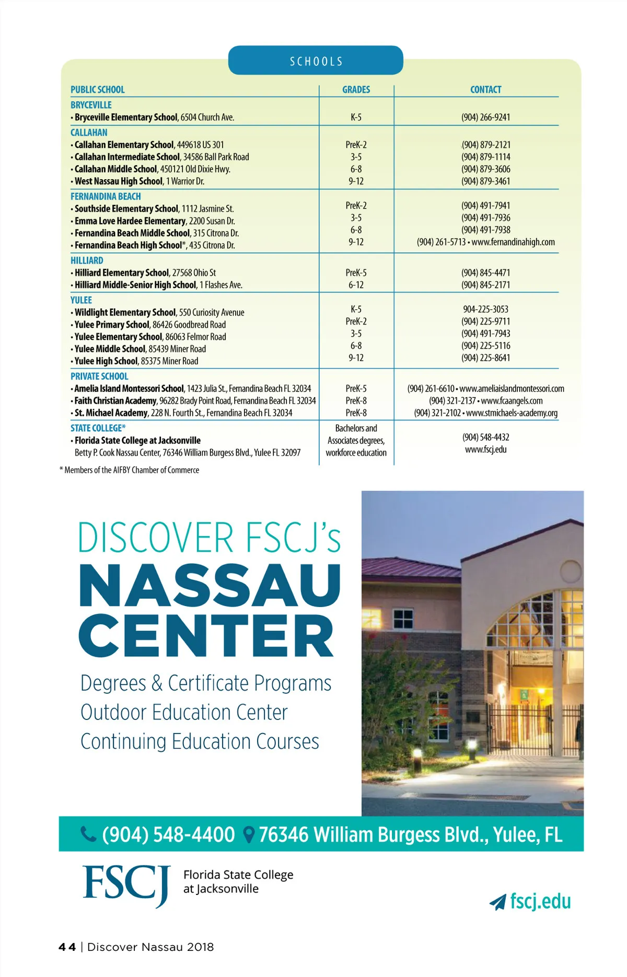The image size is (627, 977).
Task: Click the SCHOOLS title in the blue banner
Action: coord(316,62)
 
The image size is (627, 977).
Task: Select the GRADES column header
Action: coord(356,90)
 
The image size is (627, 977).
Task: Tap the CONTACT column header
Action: coord(485,90)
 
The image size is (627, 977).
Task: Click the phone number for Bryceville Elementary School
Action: coord(485,118)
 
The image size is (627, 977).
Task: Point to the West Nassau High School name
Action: coord(119,181)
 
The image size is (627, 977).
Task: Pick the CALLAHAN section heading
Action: coord(89,133)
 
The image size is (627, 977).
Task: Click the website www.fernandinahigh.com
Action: coord(513,242)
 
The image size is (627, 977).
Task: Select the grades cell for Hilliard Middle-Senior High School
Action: coord(356,285)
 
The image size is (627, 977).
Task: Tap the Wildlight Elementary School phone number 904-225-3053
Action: coord(485,309)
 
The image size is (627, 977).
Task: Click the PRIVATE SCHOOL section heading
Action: coord(99,376)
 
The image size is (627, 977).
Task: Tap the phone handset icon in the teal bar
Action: coord(88,834)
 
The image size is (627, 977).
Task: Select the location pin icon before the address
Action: coord(249,834)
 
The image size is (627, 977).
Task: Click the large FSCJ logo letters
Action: coord(126,884)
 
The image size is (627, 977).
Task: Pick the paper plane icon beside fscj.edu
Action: coord(497,902)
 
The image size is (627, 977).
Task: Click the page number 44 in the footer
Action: coord(67,947)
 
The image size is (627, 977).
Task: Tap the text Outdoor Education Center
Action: coord(184,713)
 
